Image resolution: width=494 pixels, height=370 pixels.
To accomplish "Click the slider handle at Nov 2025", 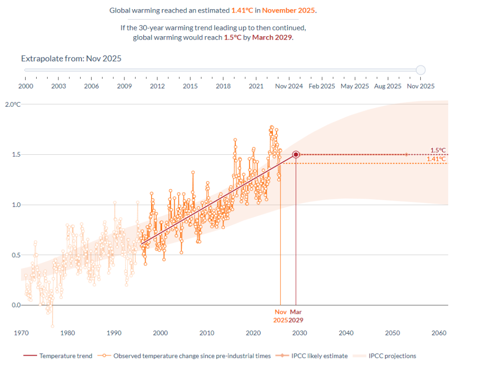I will [x=421, y=70].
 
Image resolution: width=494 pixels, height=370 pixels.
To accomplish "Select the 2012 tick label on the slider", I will [x=157, y=86].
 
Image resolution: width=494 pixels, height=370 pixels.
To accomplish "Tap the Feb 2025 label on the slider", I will [x=322, y=86].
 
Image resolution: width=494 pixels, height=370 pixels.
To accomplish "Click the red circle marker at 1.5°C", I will [x=296, y=154].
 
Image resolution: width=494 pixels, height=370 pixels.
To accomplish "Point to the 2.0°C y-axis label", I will [x=13, y=104].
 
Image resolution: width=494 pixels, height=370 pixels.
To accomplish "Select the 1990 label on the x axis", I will [x=114, y=333].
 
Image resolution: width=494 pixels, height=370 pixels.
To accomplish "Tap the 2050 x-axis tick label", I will [x=392, y=333].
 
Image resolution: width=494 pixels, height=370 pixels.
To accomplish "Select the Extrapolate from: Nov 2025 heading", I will [x=71, y=58].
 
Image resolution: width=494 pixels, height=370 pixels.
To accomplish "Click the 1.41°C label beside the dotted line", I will [x=436, y=159].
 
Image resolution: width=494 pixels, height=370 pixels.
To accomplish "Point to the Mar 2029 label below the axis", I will [x=296, y=316].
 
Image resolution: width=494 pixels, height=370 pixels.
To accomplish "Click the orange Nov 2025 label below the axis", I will [x=280, y=316].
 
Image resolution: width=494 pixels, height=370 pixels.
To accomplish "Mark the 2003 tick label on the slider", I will [x=58, y=86].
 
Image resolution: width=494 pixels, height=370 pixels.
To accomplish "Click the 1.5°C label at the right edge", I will [x=438, y=150].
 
